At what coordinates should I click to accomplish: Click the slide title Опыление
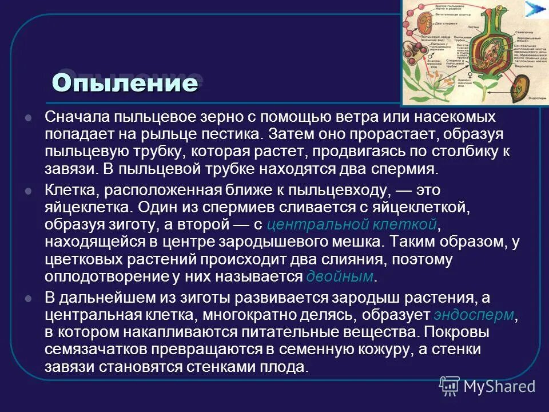pyautogui.click(x=125, y=83)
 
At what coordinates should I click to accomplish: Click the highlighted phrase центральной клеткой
pyautogui.click(x=353, y=224)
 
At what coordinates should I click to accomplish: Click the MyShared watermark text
pyautogui.click(x=499, y=386)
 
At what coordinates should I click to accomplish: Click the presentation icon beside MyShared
pyautogui.click(x=449, y=386)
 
